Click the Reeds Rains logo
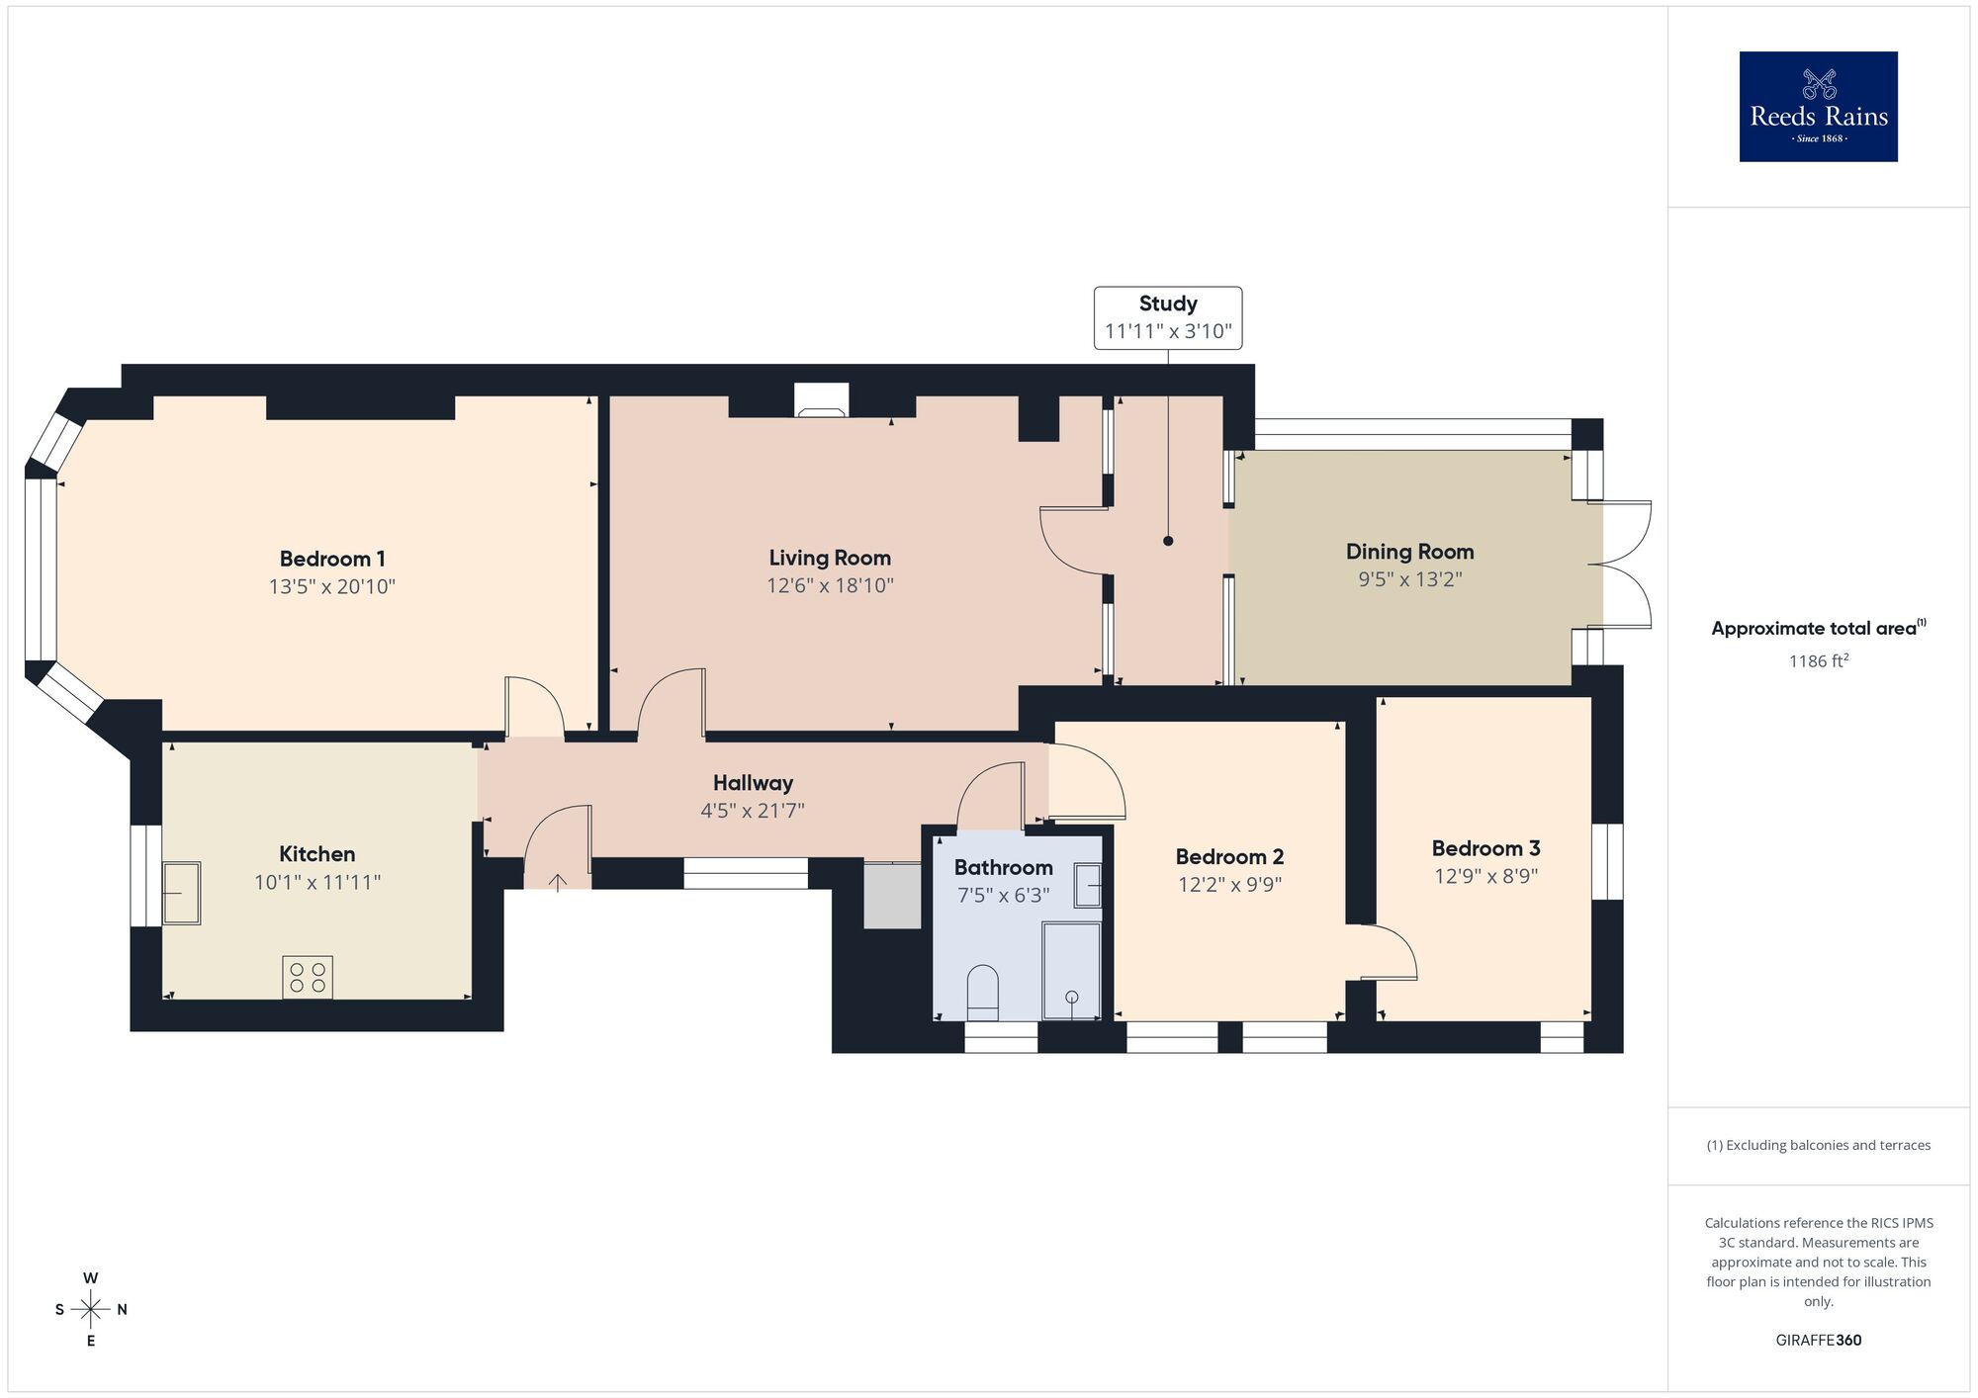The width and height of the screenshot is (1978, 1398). [1818, 107]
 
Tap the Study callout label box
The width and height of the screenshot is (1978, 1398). [1167, 317]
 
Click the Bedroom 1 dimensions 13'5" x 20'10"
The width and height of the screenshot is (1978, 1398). [331, 587]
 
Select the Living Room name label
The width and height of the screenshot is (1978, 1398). [830, 558]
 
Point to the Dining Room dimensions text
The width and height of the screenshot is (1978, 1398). [1409, 579]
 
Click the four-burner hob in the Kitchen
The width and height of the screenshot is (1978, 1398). [308, 977]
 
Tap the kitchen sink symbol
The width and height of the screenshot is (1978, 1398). [182, 893]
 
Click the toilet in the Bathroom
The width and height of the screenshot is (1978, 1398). [982, 993]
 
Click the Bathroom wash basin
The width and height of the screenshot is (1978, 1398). [1088, 885]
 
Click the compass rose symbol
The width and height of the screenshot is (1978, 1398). [91, 1310]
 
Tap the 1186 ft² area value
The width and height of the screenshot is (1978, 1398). [1818, 661]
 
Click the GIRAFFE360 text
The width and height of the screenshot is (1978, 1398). [1818, 1341]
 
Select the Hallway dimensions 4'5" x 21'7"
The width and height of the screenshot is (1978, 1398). [753, 812]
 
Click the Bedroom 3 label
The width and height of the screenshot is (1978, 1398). [1485, 848]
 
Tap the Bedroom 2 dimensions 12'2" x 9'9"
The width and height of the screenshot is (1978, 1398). [1229, 885]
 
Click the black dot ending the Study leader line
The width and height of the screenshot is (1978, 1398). [1168, 541]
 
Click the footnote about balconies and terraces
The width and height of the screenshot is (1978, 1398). [1818, 1145]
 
